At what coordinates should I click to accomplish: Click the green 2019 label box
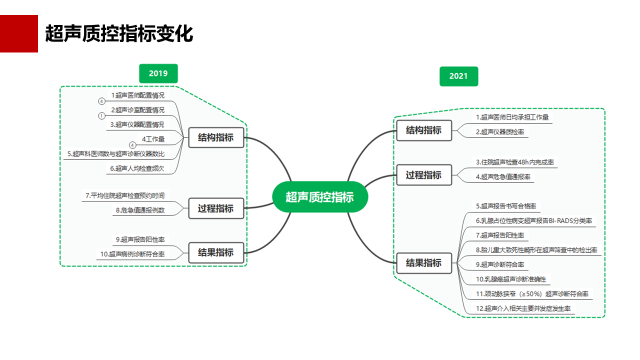[x=158, y=73]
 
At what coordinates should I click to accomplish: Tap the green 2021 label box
[x=458, y=76]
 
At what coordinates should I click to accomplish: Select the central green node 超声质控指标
[x=319, y=197]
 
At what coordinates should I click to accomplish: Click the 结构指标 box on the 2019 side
[x=216, y=137]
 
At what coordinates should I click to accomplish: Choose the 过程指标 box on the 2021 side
[x=424, y=175]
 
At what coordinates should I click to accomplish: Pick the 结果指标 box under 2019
[x=216, y=252]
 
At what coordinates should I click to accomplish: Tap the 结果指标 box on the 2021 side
[x=424, y=263]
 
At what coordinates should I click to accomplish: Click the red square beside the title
[x=19, y=33]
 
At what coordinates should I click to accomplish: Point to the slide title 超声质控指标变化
[x=119, y=33]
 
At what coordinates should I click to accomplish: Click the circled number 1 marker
[x=101, y=115]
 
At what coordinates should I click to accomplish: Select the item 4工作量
[x=153, y=139]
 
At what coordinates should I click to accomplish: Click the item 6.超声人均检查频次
[x=137, y=168]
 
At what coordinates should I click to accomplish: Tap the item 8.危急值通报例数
[x=140, y=210]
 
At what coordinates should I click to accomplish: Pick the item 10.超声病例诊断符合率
[x=132, y=254]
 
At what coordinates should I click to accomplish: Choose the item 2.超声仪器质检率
[x=500, y=131]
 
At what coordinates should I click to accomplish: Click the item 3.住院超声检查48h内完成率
[x=515, y=162]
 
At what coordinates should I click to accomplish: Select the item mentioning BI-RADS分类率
[x=534, y=220]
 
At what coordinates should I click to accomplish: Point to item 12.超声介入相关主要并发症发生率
[x=523, y=308]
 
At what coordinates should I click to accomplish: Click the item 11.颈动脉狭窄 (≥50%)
[x=532, y=293]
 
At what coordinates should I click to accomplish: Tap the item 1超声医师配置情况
[x=137, y=95]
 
